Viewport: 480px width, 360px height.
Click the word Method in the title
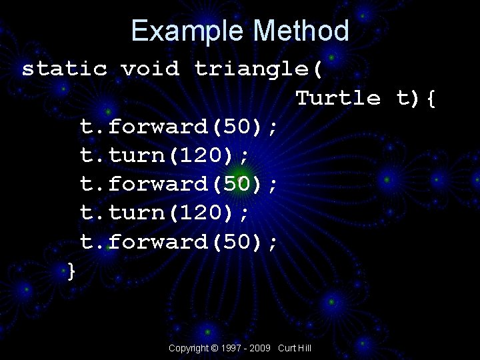click(x=301, y=31)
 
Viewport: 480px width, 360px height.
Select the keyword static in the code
click(x=65, y=69)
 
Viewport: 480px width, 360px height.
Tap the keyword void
click(x=150, y=69)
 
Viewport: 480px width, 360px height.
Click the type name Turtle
click(x=338, y=98)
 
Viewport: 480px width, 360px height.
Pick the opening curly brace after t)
click(x=431, y=99)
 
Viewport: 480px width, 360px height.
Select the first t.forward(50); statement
click(x=179, y=127)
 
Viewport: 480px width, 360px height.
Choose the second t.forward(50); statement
click(x=179, y=184)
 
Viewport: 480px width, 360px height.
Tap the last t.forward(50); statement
click(x=179, y=241)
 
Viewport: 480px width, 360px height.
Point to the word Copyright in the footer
click(x=188, y=349)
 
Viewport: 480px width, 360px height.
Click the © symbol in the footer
click(x=214, y=349)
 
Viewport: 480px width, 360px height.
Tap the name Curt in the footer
click(x=287, y=349)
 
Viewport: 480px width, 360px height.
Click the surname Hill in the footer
click(x=305, y=349)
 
